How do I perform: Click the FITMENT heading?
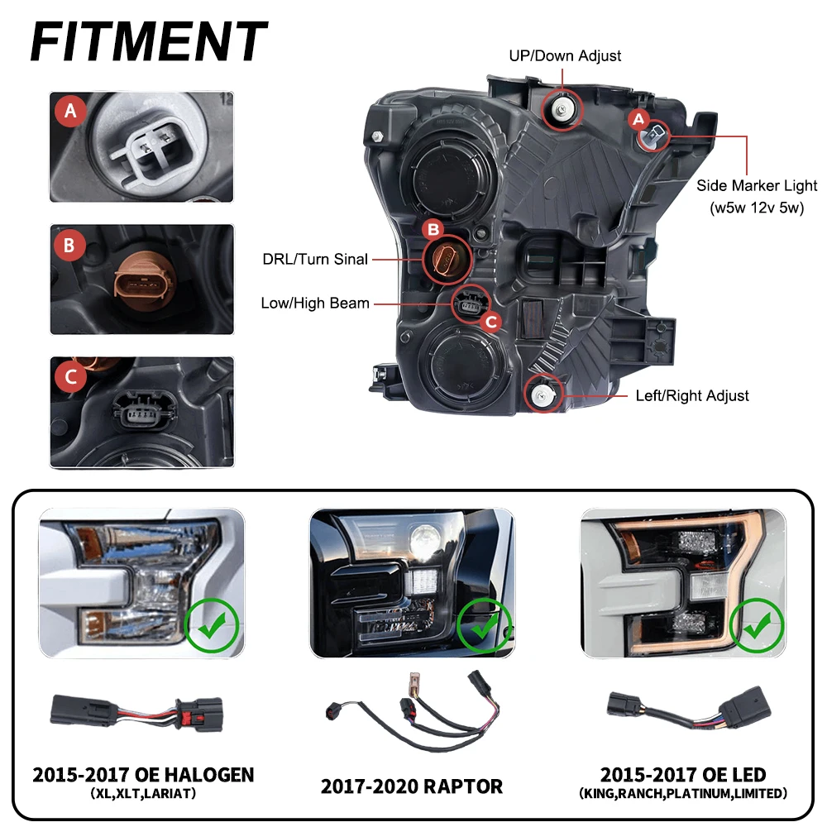click(149, 41)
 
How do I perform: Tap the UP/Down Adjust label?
click(565, 56)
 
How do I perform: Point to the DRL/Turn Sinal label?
click(315, 259)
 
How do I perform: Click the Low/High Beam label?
click(315, 304)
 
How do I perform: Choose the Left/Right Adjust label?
click(692, 395)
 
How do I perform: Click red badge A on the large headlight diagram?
click(638, 119)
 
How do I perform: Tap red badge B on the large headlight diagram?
click(433, 229)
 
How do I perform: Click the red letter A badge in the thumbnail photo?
click(70, 111)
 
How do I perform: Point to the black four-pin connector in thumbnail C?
click(143, 410)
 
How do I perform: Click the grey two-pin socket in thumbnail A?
click(149, 149)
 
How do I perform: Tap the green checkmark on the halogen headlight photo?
click(212, 625)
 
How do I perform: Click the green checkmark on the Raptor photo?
click(484, 626)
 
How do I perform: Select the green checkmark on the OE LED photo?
click(757, 625)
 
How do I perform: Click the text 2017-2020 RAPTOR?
click(411, 786)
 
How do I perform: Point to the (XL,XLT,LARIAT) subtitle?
click(143, 793)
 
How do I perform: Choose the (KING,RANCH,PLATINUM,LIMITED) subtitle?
click(683, 793)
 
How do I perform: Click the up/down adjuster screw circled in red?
click(562, 110)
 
